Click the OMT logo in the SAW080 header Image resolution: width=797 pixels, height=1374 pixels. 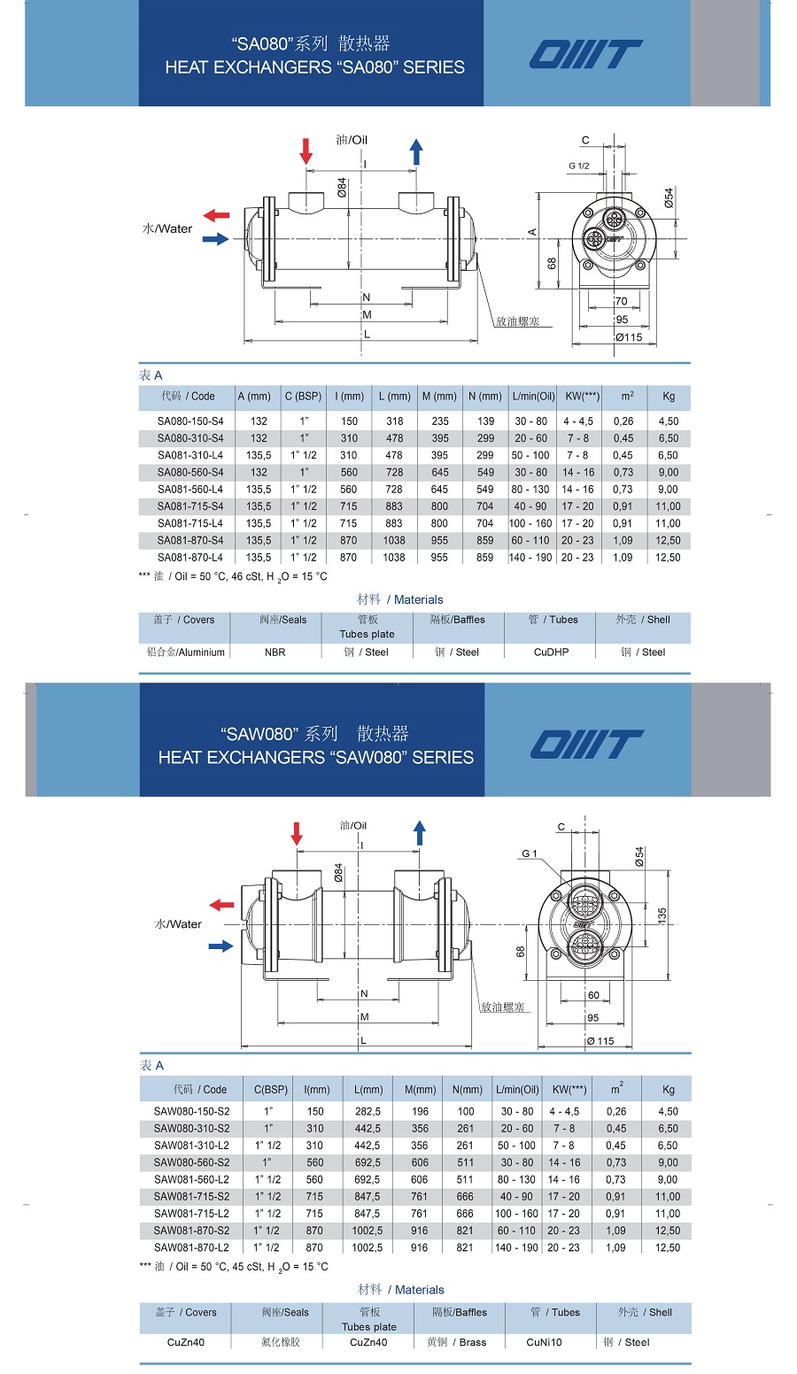point(585,745)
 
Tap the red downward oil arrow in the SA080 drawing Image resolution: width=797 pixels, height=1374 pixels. point(306,151)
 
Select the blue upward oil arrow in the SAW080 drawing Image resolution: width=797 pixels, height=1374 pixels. point(420,833)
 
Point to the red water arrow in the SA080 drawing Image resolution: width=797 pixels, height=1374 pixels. point(216,215)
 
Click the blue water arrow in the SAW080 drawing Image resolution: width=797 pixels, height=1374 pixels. point(221,946)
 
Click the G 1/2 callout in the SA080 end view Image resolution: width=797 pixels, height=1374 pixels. point(579,166)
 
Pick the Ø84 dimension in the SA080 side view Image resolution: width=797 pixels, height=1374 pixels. point(342,188)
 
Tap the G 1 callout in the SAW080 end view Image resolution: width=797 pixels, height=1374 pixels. point(530,853)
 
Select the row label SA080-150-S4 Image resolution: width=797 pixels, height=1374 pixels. point(190,421)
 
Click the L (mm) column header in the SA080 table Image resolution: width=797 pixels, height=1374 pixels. point(394,397)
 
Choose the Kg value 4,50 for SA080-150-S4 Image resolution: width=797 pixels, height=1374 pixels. point(668,421)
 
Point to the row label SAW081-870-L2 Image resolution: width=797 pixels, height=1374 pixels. point(191,1247)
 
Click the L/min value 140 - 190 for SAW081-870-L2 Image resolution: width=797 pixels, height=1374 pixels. point(517,1247)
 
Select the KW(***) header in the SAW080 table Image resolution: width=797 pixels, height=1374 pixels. point(569,1090)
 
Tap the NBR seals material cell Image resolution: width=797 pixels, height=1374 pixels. point(275,652)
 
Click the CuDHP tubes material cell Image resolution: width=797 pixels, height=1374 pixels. point(551,652)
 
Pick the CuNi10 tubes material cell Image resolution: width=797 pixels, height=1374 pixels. point(544,1342)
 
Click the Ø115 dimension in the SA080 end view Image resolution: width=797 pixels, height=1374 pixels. point(629,337)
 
